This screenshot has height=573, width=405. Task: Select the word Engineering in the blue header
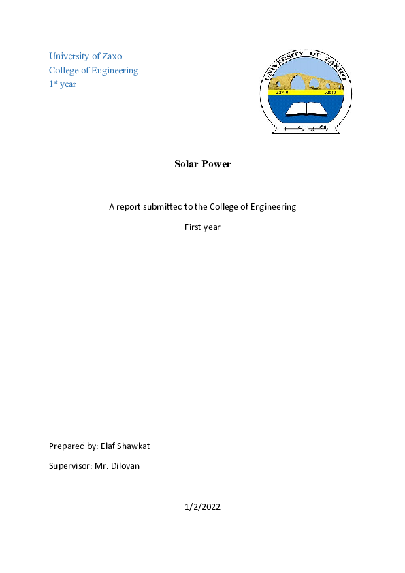point(114,70)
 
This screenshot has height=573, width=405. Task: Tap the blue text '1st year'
point(63,84)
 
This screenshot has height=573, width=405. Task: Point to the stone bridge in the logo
point(306,80)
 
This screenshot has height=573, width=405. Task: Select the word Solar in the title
point(187,164)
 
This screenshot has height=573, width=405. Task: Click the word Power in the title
point(217,164)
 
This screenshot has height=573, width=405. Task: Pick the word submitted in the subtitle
point(156,206)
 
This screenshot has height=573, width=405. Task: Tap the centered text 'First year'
point(202,227)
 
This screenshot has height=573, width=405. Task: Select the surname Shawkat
point(135,446)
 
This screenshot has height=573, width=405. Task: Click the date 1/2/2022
point(202,507)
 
